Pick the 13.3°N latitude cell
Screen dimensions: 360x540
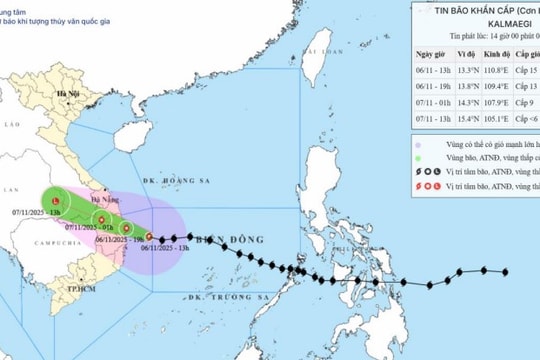click(466, 73)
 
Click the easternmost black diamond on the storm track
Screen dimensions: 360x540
click(506, 271)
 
